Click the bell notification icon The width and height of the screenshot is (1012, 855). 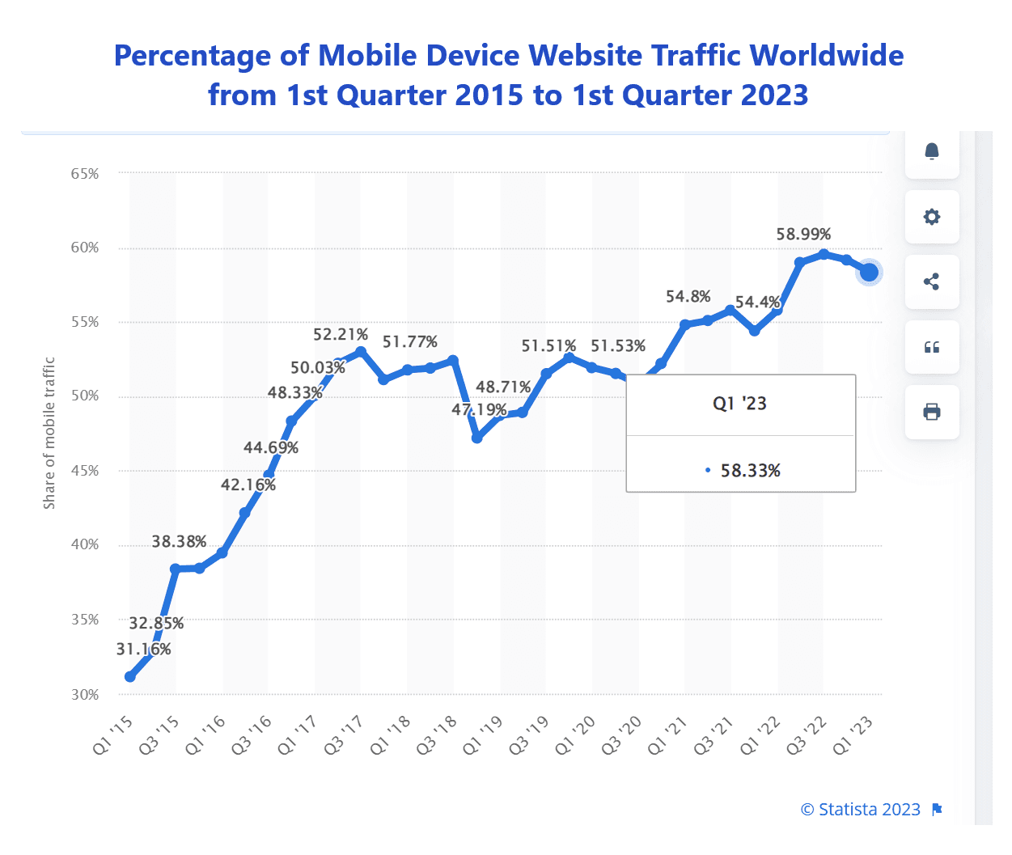932,151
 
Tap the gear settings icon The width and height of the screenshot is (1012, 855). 932,217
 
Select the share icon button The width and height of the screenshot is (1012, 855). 932,281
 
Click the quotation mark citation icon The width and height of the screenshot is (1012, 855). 932,347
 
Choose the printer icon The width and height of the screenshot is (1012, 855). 932,412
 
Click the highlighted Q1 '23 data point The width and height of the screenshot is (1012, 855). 869,273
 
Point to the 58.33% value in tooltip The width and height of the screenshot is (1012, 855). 750,471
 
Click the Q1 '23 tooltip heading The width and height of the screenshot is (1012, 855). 739,404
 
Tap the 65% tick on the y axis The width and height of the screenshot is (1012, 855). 85,174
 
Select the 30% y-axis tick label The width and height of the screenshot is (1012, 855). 85,695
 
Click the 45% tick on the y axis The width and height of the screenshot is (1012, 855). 85,471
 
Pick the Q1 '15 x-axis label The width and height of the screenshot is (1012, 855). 112,735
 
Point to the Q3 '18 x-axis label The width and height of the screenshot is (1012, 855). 437,735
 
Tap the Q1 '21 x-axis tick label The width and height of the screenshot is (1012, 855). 668,735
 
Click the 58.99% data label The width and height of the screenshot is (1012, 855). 803,235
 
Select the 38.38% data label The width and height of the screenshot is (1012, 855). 179,542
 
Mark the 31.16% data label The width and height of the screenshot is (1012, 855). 143,650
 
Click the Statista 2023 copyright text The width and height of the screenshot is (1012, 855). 861,810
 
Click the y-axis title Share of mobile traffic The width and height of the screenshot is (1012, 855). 49,434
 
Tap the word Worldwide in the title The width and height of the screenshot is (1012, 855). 826,56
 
